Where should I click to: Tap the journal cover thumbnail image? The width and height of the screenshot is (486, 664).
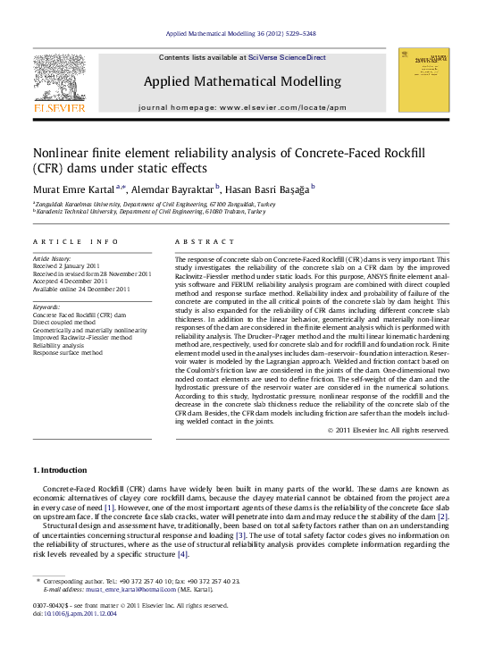423,80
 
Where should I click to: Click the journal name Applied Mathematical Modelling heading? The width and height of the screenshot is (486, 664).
242,81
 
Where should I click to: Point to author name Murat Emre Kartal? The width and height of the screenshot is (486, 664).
73,189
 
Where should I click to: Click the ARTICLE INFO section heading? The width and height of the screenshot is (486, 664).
76,242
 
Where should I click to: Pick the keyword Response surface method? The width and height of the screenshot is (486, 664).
68,352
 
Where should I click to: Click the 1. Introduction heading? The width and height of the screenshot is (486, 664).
60,470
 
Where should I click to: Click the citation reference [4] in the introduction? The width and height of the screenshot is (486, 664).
183,554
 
